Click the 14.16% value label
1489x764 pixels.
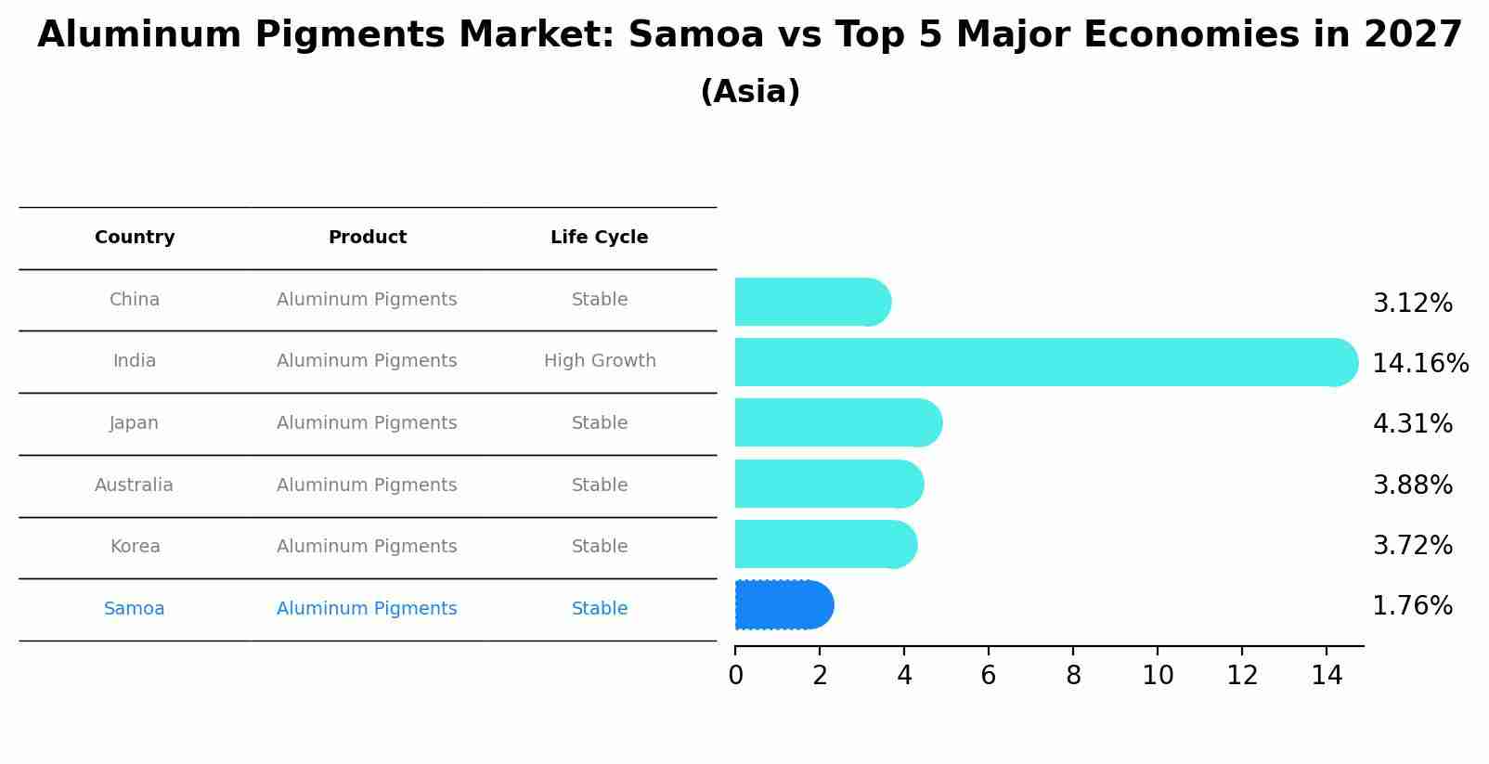pos(1419,363)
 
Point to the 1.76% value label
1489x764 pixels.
pos(1412,606)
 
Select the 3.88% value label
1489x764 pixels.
pos(1412,485)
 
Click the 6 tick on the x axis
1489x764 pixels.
pos(989,676)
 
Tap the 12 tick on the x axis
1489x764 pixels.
pos(1242,676)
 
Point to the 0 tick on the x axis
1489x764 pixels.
pos(735,676)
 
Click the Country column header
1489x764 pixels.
pos(135,238)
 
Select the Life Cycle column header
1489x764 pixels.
pos(599,238)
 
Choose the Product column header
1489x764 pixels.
pos(368,238)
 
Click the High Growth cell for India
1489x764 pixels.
pos(600,361)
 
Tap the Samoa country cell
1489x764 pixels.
pos(135,609)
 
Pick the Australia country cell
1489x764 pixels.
pos(134,486)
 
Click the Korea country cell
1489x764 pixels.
pos(136,547)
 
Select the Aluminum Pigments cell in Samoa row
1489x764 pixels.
pos(367,609)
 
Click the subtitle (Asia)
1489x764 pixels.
pos(750,92)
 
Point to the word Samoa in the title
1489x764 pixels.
pos(695,35)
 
